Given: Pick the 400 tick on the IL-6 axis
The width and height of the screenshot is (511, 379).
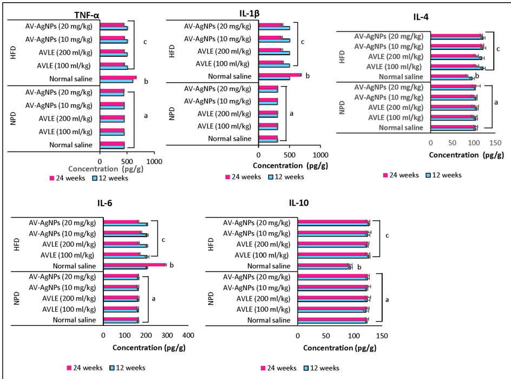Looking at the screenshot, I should pos(188,335).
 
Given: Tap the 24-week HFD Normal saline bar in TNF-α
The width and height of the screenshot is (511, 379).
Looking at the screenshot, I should pos(118,77).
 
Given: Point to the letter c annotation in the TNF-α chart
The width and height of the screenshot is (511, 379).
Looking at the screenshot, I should pos(145,42).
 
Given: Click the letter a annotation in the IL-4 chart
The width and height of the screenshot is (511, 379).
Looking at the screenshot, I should pos(496,102).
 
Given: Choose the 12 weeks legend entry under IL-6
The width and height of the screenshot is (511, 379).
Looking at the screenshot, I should pos(127,368).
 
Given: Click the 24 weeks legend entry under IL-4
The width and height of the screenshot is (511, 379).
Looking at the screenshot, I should pos(401,175).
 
